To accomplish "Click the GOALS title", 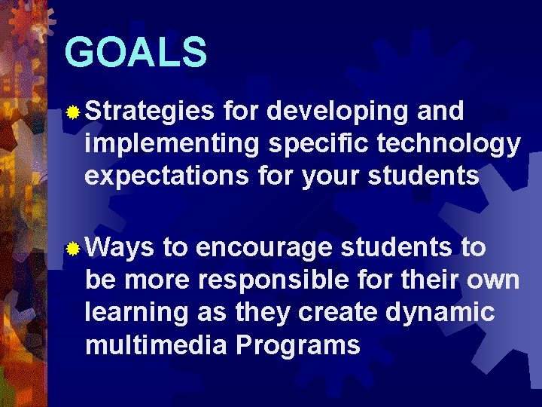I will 135,52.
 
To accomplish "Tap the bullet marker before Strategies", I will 73,113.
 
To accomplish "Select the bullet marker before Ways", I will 73,249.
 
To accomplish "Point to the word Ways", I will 120,248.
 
